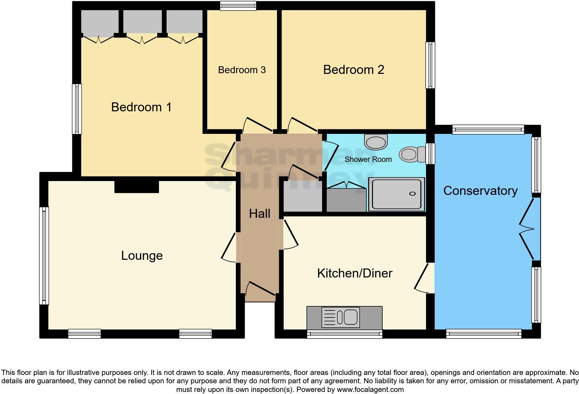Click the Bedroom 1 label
tap(141, 107)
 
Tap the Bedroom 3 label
tap(242, 70)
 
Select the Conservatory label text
tap(480, 191)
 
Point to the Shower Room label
tap(368, 160)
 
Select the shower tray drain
tap(412, 194)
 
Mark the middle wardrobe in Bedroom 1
tap(142, 22)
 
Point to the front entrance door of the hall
tap(260, 291)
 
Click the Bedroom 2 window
tap(430, 65)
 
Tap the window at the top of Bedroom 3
tap(238, 6)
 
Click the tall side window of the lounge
tap(44, 256)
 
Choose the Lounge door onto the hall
tap(229, 247)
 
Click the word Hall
tap(259, 214)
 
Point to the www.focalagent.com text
tap(370, 389)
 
